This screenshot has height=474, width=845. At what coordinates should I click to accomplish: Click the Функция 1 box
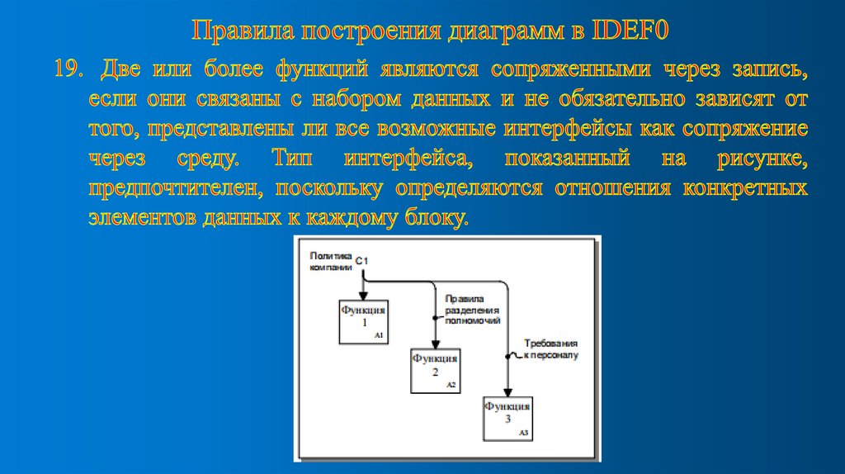tap(364, 321)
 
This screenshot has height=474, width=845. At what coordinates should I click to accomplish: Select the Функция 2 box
tap(435, 370)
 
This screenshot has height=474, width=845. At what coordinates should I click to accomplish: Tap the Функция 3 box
tap(507, 417)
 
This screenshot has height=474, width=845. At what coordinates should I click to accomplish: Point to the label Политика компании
tap(331, 262)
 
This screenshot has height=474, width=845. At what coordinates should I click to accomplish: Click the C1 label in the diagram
tap(362, 262)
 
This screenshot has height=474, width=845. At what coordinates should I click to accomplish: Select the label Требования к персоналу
tap(551, 348)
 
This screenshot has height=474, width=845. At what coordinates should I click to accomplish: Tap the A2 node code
tap(451, 385)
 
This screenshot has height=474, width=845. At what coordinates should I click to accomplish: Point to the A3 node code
tap(523, 433)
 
